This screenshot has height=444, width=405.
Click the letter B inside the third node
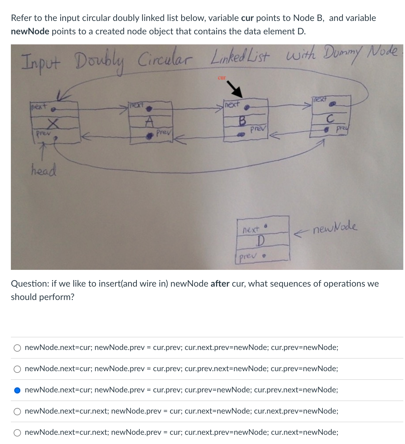click(242, 121)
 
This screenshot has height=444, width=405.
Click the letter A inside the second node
click(150, 121)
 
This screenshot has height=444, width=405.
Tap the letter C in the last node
click(330, 119)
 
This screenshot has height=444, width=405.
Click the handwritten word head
click(44, 170)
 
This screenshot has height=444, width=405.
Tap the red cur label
click(222, 78)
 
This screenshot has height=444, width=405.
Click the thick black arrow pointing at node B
click(234, 89)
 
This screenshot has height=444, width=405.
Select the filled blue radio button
click(17, 390)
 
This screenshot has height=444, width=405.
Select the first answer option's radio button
click(17, 348)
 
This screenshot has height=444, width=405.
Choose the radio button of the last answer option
click(17, 433)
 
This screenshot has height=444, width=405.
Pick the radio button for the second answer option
click(17, 369)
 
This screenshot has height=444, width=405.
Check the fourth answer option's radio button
click(17, 411)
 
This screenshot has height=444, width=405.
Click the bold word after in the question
click(220, 284)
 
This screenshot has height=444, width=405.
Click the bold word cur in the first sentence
click(247, 18)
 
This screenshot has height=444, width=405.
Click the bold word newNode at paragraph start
click(30, 31)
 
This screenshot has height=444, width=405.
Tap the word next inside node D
click(251, 230)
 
